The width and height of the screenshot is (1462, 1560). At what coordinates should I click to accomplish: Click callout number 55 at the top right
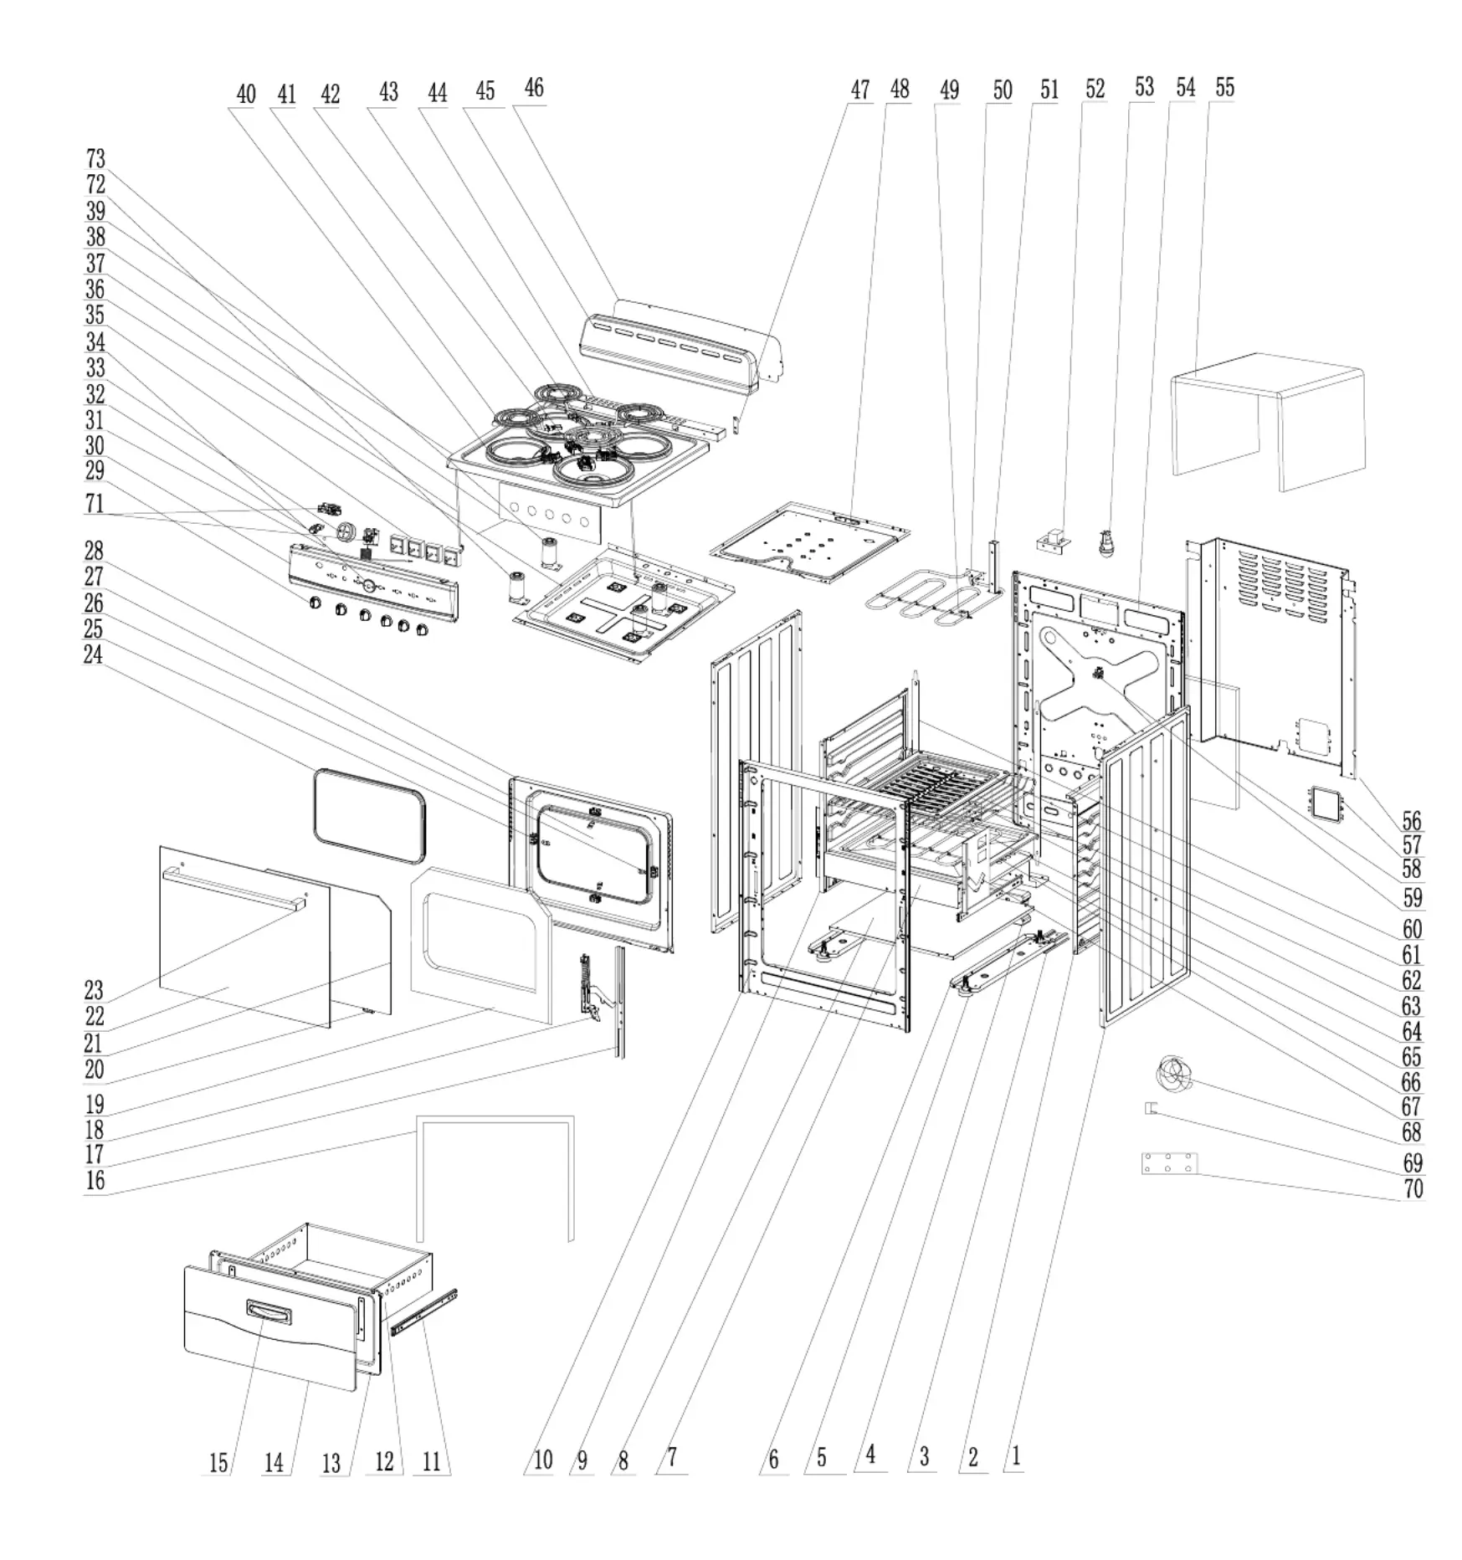tap(1224, 88)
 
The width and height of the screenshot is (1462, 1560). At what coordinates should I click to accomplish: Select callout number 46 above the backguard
tap(534, 89)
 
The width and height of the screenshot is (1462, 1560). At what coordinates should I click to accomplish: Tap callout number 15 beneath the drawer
tap(218, 1463)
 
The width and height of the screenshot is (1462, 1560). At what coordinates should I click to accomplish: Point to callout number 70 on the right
tap(1413, 1188)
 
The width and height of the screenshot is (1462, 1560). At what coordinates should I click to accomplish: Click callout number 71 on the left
tap(95, 504)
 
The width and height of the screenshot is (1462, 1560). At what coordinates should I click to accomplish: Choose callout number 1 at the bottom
tap(1016, 1456)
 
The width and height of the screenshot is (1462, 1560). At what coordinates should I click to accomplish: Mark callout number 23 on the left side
tap(94, 991)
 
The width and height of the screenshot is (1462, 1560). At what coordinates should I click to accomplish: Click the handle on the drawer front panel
tap(269, 1312)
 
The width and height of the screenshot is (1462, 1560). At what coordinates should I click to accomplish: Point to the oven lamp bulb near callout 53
tap(1107, 543)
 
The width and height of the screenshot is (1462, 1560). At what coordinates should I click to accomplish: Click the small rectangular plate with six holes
tap(1169, 1163)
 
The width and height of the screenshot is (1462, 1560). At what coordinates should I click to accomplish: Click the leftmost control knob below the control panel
tap(315, 603)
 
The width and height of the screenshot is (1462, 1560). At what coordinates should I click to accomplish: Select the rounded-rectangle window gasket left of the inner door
tap(369, 815)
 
